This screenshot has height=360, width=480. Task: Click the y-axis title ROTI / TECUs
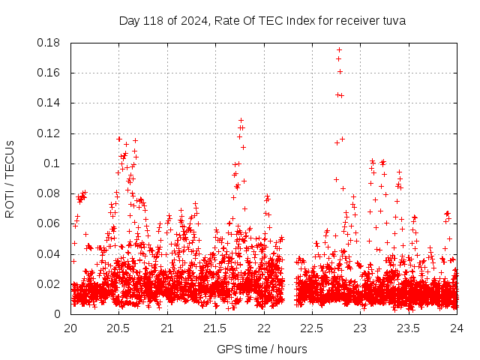(x=10, y=178)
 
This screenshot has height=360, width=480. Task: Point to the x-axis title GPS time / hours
(x=262, y=349)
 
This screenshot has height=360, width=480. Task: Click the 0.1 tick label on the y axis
(x=55, y=163)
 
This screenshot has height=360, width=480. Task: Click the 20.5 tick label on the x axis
(x=118, y=328)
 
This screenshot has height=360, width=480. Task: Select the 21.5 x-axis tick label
(x=215, y=328)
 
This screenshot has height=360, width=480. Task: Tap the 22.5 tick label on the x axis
(x=312, y=328)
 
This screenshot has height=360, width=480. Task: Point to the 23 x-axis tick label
(x=360, y=328)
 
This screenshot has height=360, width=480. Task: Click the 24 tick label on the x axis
(x=457, y=328)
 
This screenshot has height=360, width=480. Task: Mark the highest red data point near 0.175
(x=339, y=49)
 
